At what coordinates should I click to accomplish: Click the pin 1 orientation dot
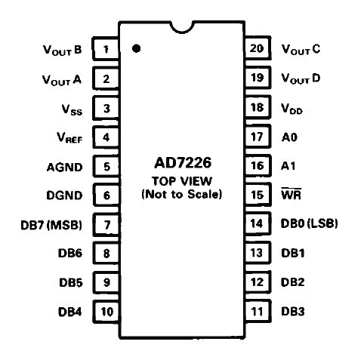[x=136, y=48]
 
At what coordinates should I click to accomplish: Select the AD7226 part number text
[x=183, y=163]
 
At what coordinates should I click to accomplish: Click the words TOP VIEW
[x=182, y=181]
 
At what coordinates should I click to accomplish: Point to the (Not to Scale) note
[x=182, y=194]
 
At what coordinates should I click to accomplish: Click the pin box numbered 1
[x=106, y=49]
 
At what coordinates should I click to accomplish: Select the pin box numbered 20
[x=258, y=48]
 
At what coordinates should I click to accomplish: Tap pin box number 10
[x=106, y=312]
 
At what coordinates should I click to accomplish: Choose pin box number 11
[x=258, y=311]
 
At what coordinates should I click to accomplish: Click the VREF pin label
[x=69, y=137]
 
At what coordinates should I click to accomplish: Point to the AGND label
[x=64, y=168]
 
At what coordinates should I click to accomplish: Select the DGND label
[x=64, y=195]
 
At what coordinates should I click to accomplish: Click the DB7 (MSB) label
[x=51, y=225]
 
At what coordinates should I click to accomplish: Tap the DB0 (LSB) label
[x=309, y=223]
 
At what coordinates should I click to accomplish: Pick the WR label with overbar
[x=292, y=194]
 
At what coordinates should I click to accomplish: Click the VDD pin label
[x=292, y=109]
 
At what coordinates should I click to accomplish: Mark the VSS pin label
[x=72, y=110]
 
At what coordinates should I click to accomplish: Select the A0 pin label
[x=289, y=137]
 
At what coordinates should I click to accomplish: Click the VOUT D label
[x=301, y=78]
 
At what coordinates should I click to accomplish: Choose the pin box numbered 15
[x=258, y=195]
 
